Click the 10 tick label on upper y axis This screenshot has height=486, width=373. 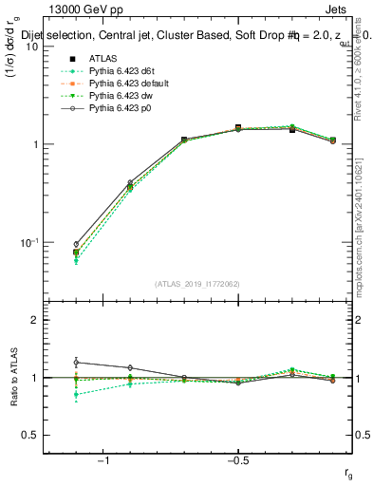pos(31,47)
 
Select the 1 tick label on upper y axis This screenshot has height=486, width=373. pos(35,144)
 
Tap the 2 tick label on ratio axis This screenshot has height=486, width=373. pos(35,320)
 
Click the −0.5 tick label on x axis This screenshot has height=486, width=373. pos(236,459)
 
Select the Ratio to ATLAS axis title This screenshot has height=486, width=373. pos(13,377)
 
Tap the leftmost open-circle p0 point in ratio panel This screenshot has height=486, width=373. pos(76,363)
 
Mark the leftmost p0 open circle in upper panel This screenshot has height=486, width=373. pos(76,244)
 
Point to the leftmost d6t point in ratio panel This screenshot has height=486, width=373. pos(76,394)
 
